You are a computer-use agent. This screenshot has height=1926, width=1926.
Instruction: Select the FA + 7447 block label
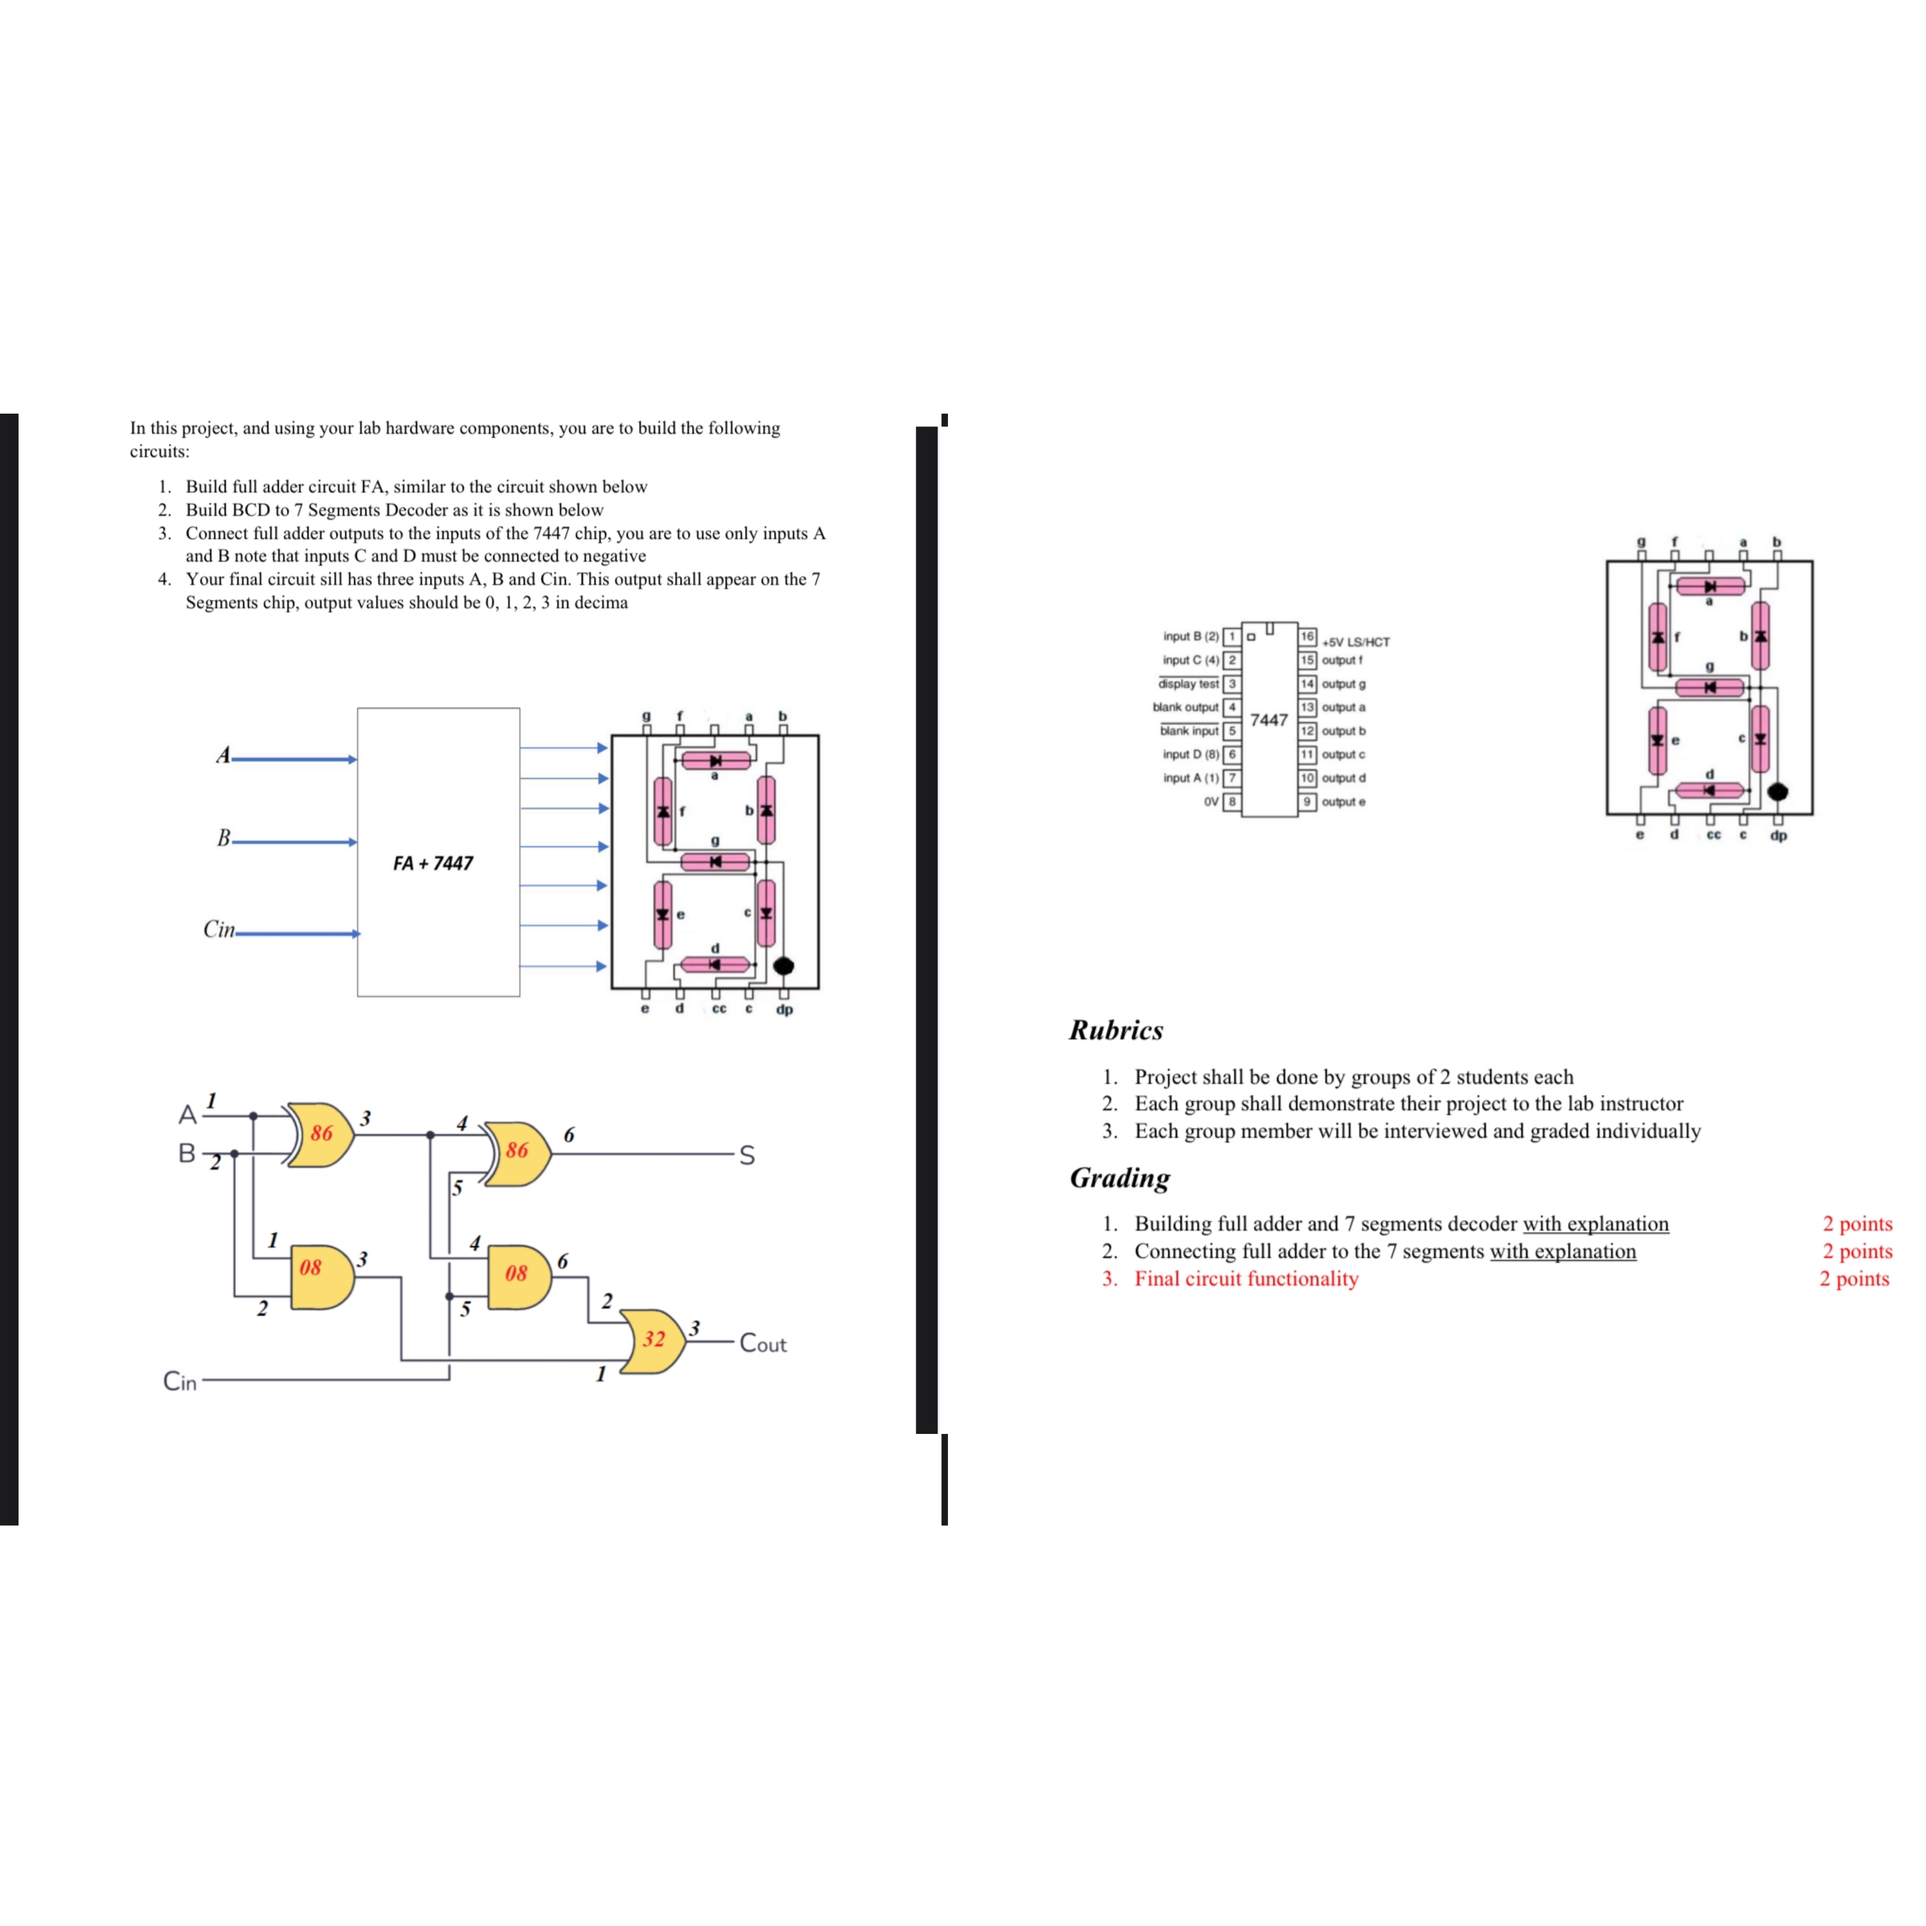[433, 863]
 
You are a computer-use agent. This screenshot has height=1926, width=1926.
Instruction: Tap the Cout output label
[763, 1344]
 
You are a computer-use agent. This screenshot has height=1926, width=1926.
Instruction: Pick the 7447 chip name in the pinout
[1268, 720]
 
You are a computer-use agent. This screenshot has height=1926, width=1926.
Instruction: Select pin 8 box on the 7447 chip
[1232, 802]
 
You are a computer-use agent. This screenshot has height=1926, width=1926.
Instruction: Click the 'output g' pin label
[1344, 684]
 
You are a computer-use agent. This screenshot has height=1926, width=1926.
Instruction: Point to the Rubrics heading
[1115, 1030]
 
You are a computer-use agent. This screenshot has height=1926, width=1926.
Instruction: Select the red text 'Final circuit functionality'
[1246, 1278]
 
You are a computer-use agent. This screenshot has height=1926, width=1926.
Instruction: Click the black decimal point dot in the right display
[1778, 792]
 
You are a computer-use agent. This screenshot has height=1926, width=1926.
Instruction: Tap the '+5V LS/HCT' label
[1356, 642]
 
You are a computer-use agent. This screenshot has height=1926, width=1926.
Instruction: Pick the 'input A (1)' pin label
[1190, 778]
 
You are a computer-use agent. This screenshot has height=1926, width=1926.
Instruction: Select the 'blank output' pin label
[1185, 707]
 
